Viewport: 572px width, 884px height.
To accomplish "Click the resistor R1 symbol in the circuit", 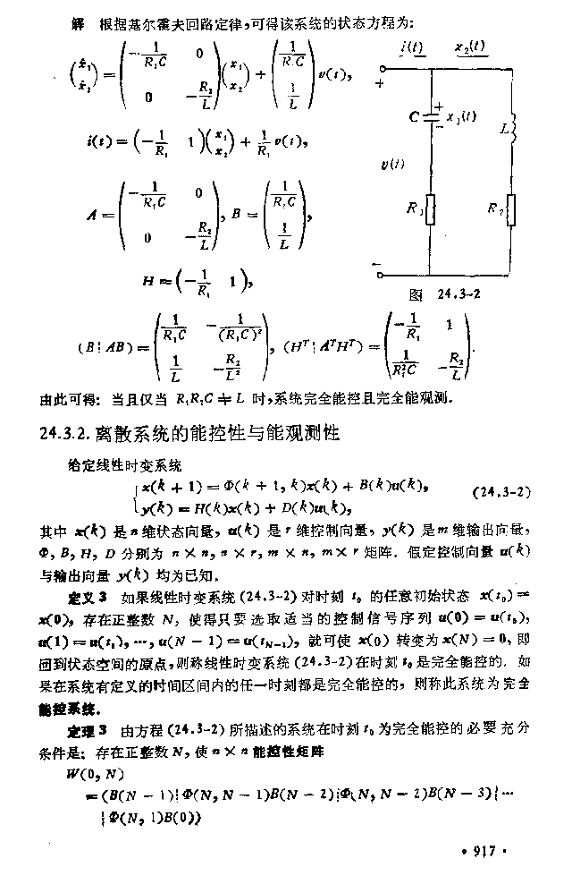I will [431, 211].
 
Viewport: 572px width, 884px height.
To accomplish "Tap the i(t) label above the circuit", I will [414, 47].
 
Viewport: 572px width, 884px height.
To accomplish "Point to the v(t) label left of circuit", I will [391, 165].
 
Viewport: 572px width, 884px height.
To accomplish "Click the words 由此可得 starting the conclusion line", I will [63, 396].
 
